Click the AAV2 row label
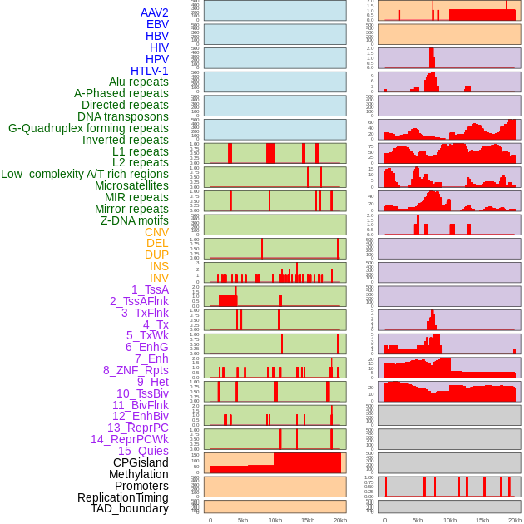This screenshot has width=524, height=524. click(154, 12)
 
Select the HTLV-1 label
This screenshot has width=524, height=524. click(149, 71)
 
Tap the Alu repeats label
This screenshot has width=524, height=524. click(138, 82)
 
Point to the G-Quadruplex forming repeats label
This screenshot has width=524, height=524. click(88, 128)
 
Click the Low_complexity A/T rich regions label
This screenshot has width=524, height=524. click(84, 174)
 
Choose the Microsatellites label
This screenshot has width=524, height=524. click(131, 185)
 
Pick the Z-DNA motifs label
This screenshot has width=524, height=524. click(134, 220)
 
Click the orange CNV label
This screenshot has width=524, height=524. click(156, 232)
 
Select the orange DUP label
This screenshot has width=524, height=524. click(156, 255)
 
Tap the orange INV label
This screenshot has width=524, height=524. click(159, 278)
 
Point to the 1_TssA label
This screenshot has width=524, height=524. click(150, 289)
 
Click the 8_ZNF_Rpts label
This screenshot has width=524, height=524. click(136, 370)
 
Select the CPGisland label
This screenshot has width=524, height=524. click(141, 462)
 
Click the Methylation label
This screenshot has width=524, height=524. click(139, 474)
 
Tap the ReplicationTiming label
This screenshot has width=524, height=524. click(122, 497)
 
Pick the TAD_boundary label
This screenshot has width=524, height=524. click(129, 508)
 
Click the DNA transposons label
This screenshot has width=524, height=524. click(123, 116)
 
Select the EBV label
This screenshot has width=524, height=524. click(157, 24)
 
